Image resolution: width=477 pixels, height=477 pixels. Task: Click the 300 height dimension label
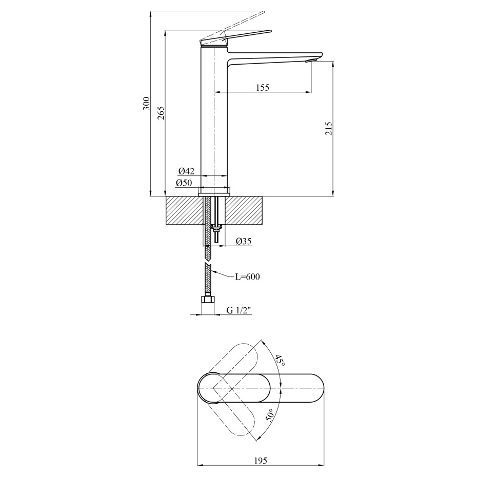[147, 104]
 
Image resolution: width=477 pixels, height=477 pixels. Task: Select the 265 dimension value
[161, 113]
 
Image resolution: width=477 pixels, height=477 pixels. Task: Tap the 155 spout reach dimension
[263, 88]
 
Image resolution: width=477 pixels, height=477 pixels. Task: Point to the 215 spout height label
[329, 128]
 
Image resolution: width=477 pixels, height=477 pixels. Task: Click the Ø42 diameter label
[187, 171]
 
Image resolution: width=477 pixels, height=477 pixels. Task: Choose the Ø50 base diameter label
[184, 183]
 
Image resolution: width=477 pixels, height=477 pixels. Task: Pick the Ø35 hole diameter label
[244, 241]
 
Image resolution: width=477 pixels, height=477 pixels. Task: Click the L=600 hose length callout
[248, 277]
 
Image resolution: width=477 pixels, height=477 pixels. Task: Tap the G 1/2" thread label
[239, 310]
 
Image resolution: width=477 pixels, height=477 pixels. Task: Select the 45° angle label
[280, 361]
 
